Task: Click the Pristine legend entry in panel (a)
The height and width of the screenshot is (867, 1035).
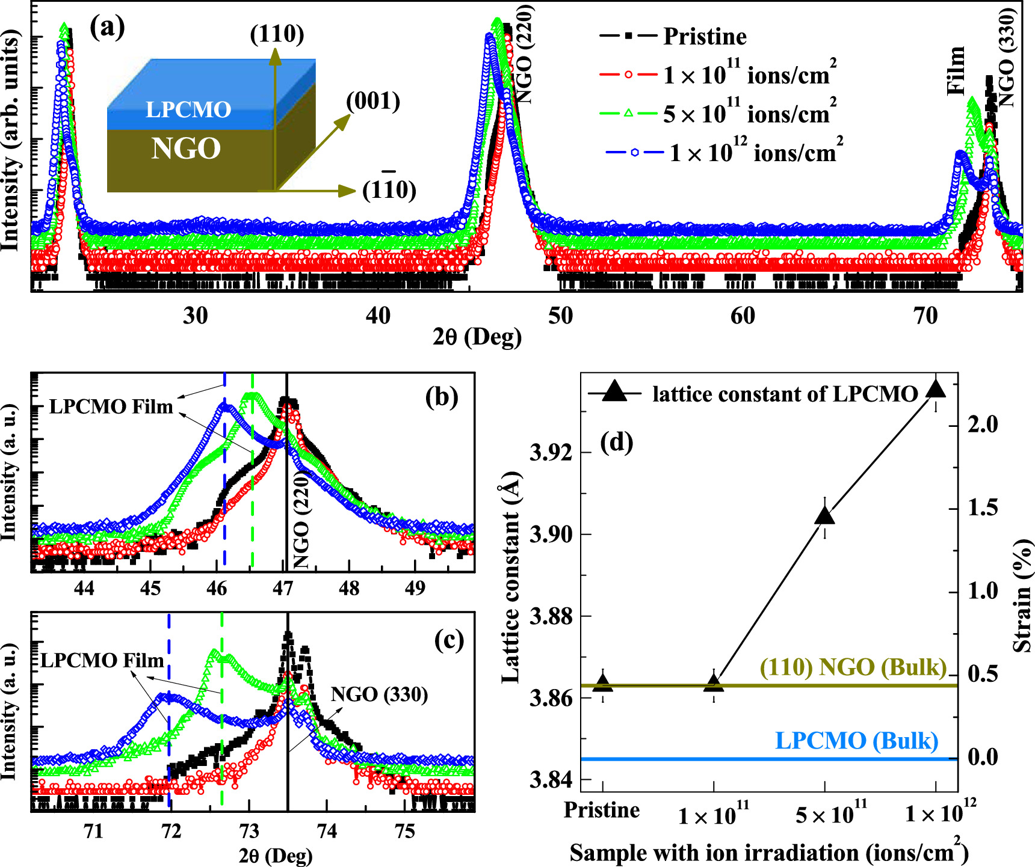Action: coord(704,37)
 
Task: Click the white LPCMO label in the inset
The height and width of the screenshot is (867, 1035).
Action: coord(188,109)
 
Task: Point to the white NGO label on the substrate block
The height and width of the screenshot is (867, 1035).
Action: coord(186,149)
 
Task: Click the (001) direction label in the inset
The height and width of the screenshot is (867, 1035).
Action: coord(373,101)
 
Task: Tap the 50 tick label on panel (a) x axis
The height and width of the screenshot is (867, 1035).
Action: coord(561,316)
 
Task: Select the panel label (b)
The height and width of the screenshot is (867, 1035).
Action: coord(442,397)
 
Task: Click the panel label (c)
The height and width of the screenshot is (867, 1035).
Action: coord(449,641)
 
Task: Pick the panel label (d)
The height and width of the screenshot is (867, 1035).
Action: coord(617,443)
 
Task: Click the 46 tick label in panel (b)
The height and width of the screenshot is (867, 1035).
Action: coord(217,587)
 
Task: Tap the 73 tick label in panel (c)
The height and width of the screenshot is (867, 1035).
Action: coord(249,831)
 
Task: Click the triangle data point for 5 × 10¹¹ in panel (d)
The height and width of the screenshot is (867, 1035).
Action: coord(824,516)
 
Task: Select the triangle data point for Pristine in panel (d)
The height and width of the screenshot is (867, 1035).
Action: coord(603,682)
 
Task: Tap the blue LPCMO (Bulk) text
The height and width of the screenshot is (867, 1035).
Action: coord(856,741)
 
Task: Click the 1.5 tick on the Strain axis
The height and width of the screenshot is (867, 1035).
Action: coord(982,508)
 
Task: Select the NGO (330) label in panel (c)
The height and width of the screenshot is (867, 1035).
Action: coord(379,695)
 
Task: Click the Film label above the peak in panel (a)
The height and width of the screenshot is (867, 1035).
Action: coord(956,70)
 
